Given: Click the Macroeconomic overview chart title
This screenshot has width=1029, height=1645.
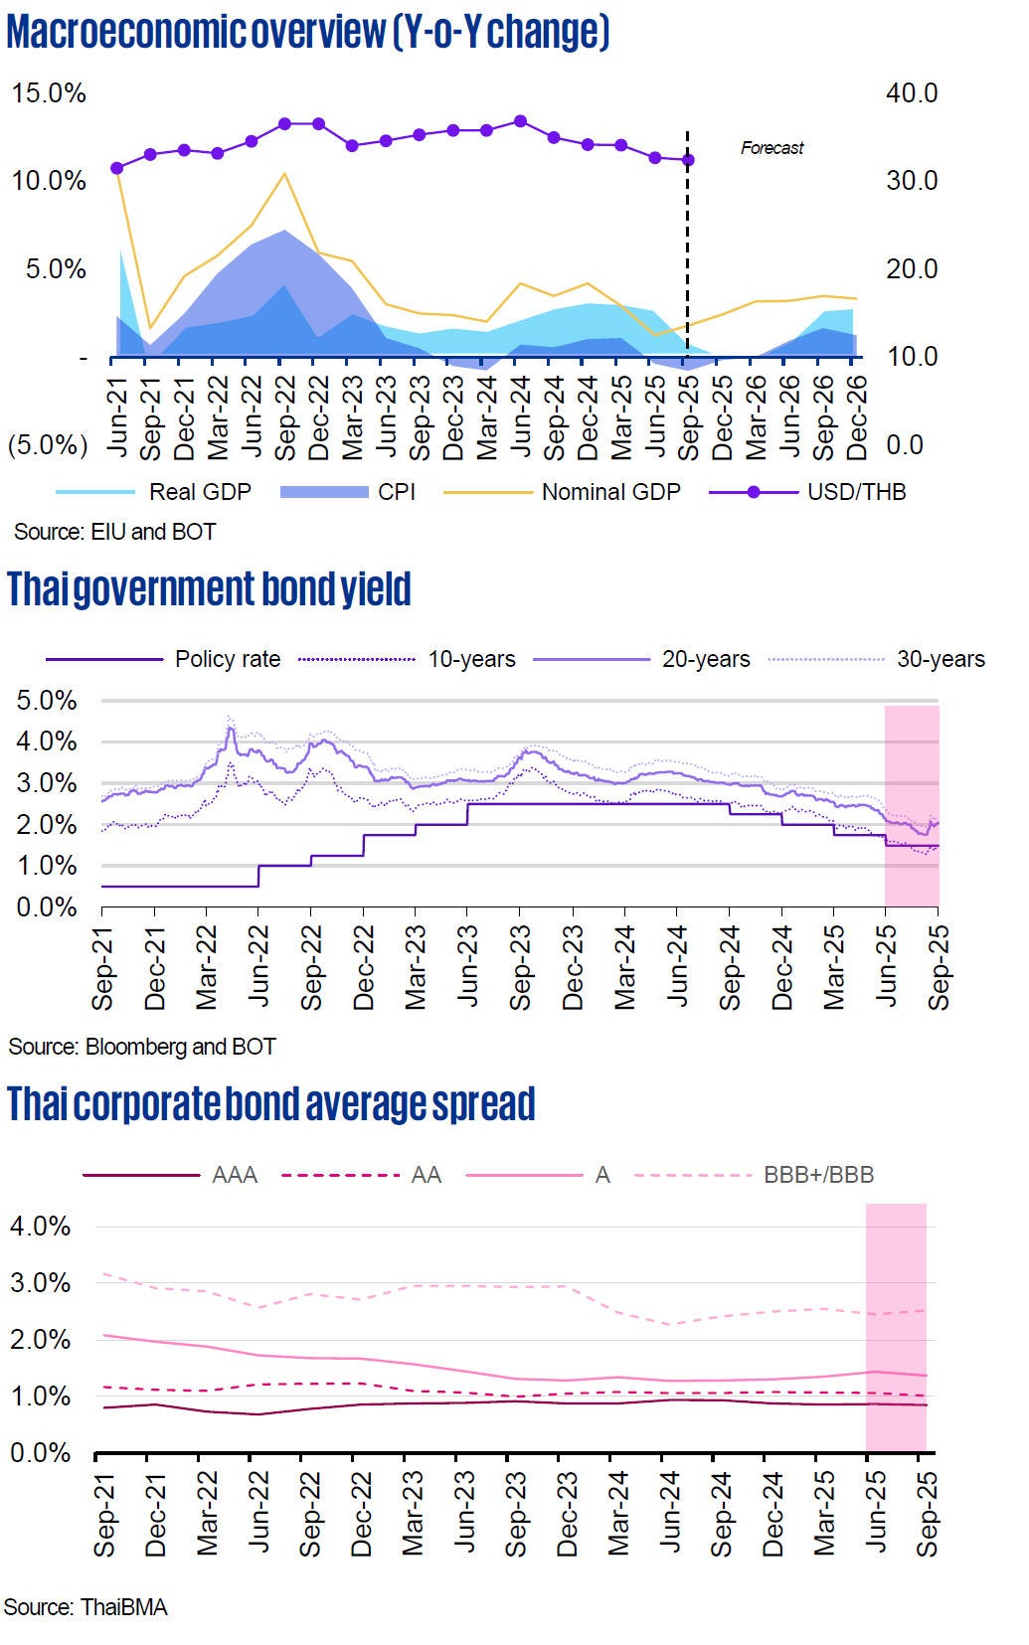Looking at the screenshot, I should tap(307, 33).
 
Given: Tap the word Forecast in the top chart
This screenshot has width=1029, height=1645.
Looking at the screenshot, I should tap(772, 148).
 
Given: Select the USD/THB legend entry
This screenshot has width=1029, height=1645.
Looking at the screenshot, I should tap(856, 492).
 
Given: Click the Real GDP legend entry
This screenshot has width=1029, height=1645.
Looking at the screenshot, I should tap(199, 492).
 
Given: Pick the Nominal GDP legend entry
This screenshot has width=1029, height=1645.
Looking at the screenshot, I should tap(610, 492).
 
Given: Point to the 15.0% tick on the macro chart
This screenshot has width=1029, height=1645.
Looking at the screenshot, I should tap(49, 93).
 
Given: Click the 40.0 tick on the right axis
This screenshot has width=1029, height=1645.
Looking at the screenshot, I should tap(912, 93).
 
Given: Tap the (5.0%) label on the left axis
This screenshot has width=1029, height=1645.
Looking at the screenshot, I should tap(48, 444).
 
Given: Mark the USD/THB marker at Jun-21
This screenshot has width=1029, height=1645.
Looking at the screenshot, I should tap(116, 168).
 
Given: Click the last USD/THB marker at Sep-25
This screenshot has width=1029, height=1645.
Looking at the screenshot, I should tap(688, 160).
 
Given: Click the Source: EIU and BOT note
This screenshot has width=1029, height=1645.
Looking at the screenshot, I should tap(114, 532).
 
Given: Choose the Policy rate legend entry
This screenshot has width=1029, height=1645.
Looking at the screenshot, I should tap(227, 659).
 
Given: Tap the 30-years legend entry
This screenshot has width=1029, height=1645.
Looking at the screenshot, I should tap(941, 659).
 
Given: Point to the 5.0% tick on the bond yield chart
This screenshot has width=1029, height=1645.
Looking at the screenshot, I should tap(47, 701).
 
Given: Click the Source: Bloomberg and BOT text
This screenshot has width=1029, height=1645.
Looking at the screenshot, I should tap(142, 1047).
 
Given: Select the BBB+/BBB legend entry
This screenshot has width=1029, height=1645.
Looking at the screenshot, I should tap(818, 1175).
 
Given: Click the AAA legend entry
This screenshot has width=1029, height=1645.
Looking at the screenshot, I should tap(235, 1175).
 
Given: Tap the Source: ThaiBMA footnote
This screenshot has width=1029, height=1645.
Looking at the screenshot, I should tap(86, 1607).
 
